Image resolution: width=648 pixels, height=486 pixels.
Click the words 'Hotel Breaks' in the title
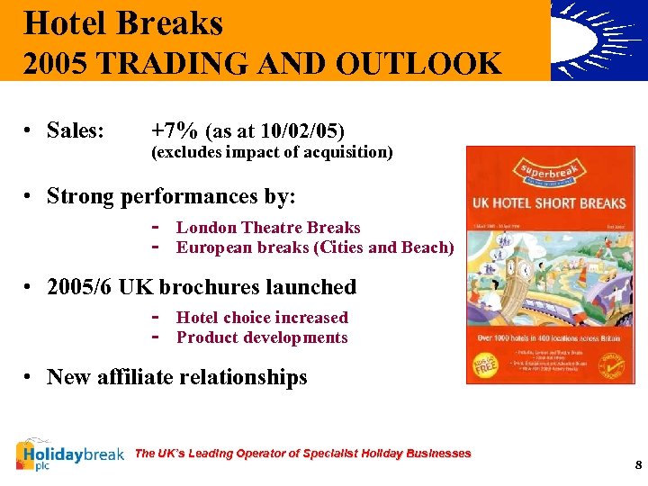[x=123, y=22]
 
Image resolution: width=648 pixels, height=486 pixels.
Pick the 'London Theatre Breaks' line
[x=268, y=228]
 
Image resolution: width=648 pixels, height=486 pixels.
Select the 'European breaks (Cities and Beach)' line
[x=315, y=247]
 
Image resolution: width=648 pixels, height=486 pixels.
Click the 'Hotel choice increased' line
[x=262, y=318]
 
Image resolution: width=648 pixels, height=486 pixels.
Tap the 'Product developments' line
[x=262, y=337]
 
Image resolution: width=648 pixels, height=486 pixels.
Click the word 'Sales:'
[x=76, y=130]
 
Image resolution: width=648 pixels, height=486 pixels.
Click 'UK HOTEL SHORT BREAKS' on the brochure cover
[x=549, y=202]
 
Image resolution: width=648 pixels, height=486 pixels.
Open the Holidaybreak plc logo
[x=70, y=454]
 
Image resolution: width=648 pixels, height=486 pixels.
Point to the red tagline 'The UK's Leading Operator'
[x=302, y=453]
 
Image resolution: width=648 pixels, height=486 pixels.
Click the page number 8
[x=637, y=465]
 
